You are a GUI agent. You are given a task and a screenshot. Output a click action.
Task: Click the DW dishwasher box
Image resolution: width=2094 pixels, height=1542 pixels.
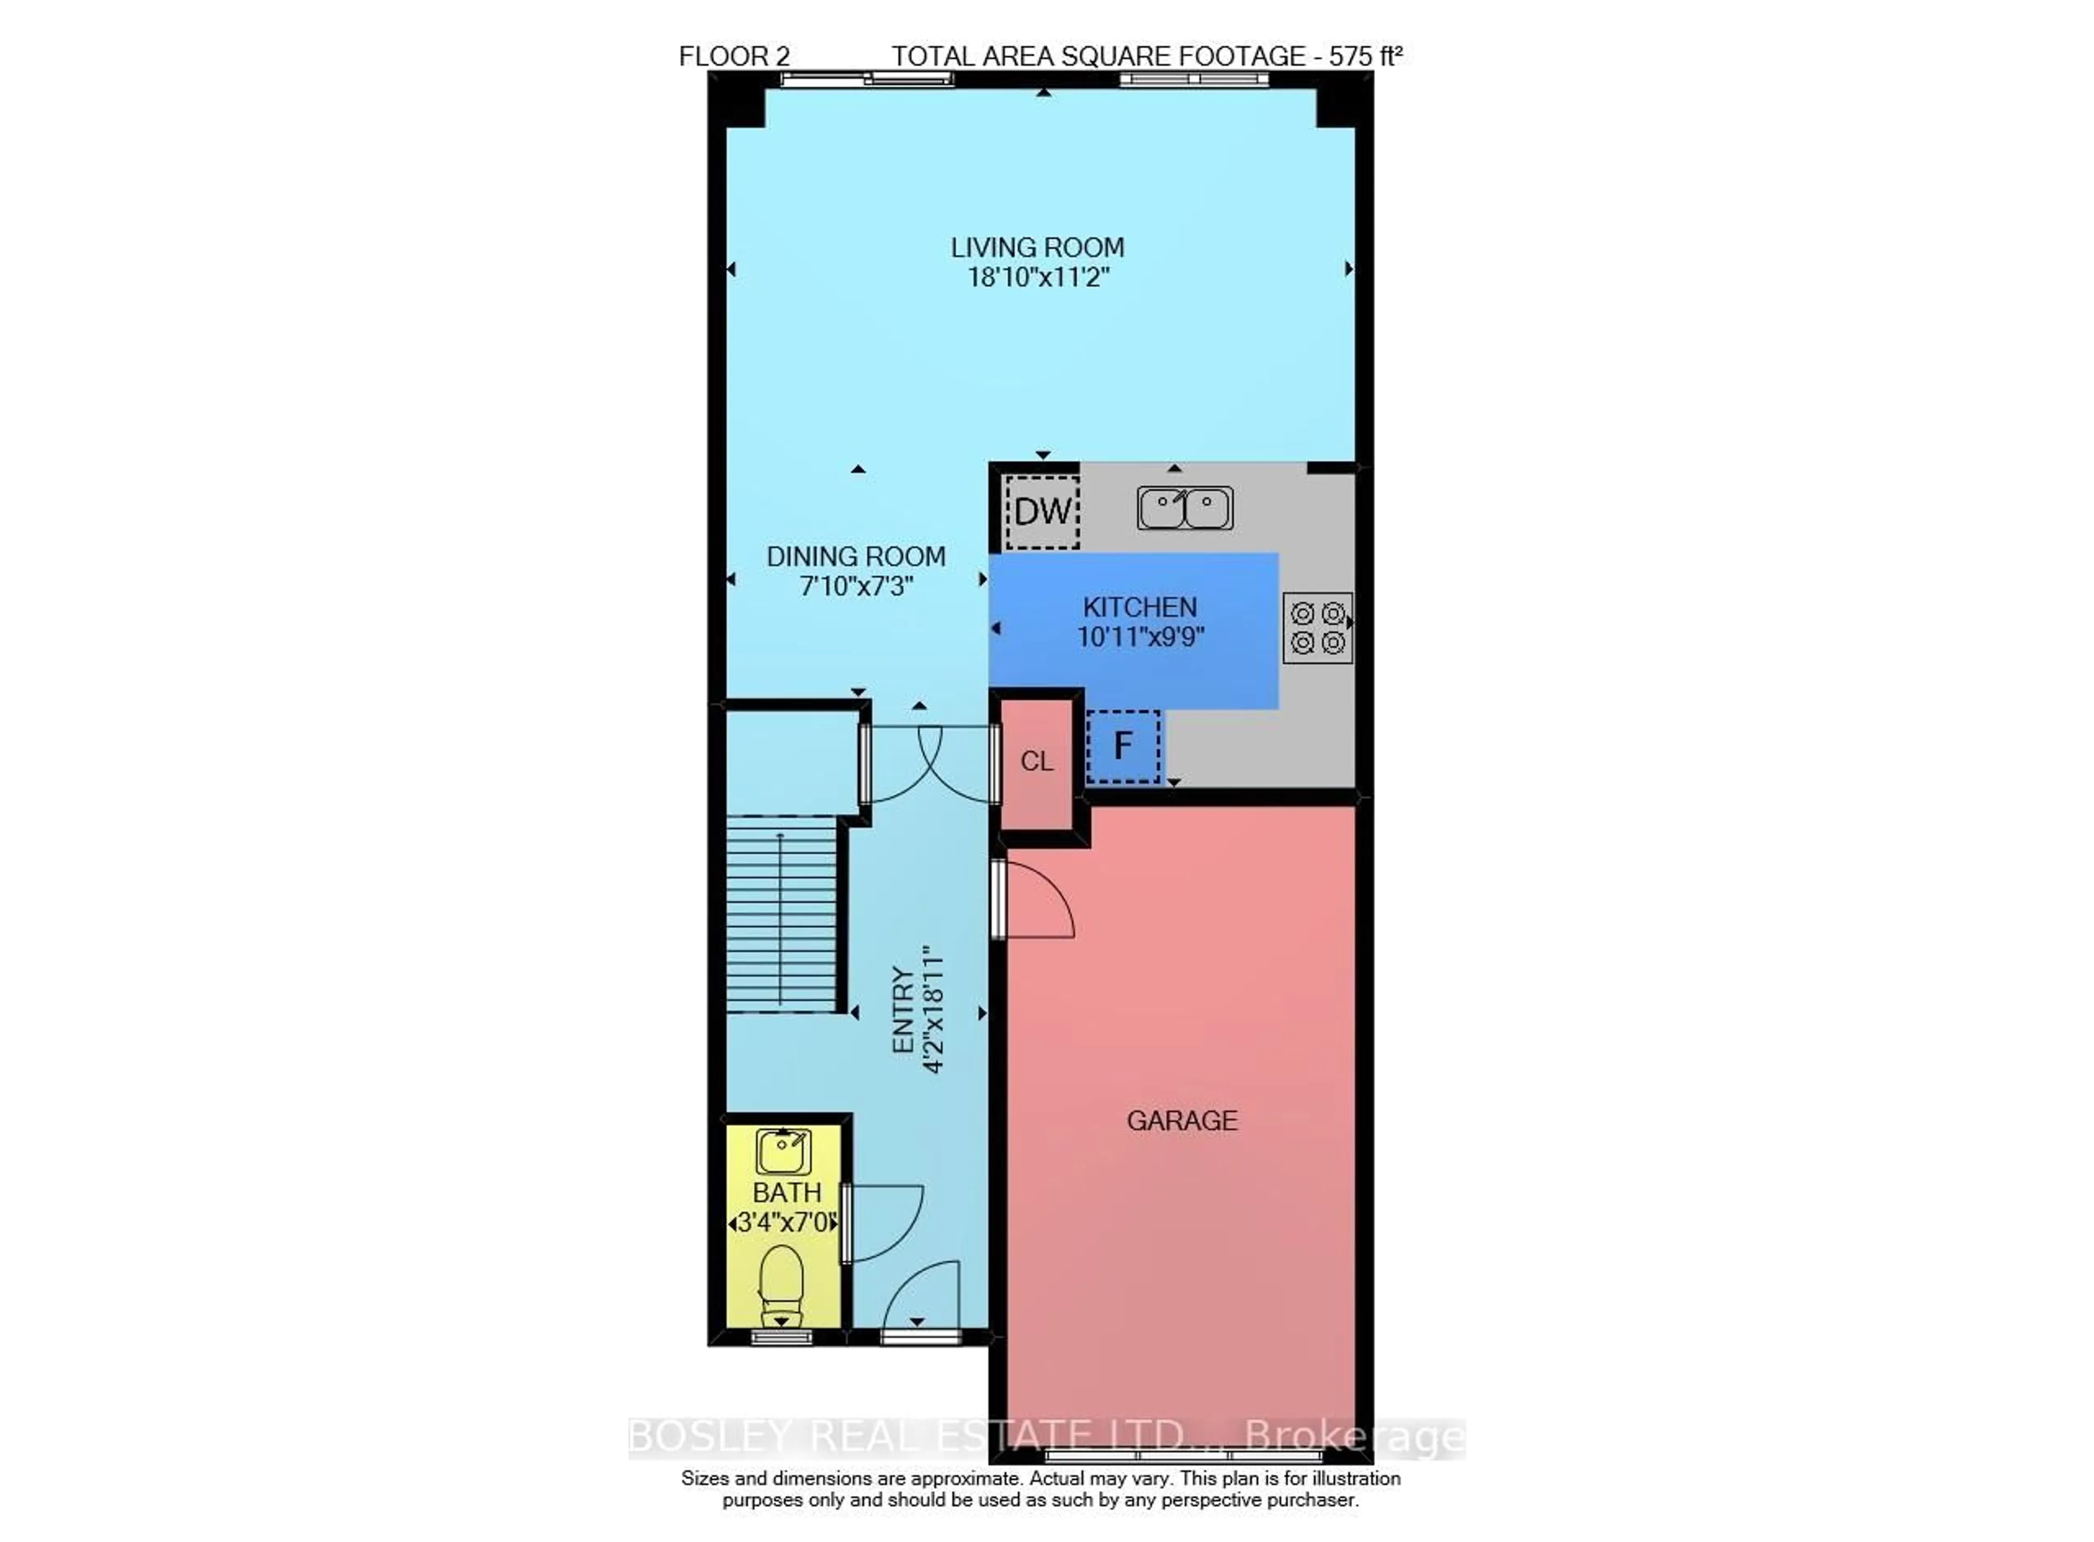click(x=1043, y=511)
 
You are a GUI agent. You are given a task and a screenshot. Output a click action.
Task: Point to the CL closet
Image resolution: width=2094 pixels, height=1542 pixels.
click(x=1036, y=761)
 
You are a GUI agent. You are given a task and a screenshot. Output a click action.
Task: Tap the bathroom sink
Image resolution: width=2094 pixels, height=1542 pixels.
click(x=783, y=1151)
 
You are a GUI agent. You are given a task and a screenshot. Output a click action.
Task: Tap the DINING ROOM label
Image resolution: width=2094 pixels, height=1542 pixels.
click(x=856, y=557)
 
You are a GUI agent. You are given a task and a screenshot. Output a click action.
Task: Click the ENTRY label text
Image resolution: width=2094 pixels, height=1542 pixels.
click(x=902, y=1011)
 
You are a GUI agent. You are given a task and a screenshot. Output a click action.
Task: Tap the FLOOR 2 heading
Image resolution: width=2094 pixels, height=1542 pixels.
click(x=734, y=57)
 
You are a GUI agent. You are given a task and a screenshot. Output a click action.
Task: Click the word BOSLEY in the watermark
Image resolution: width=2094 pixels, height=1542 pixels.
click(x=709, y=1436)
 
